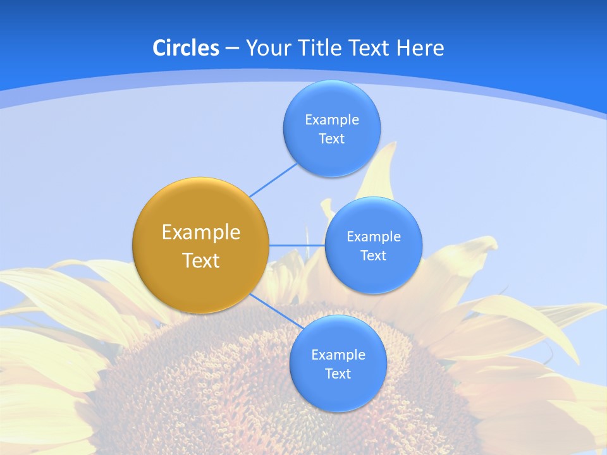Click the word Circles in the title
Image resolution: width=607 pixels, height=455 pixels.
pos(185,48)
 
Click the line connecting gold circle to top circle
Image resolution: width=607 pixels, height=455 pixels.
pos(273,179)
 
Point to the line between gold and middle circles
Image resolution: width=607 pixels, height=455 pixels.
pos(297,245)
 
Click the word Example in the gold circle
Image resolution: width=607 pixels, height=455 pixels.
pos(200,233)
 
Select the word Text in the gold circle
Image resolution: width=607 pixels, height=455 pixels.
pos(200,260)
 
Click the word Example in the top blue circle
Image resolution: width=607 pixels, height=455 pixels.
pos(332,119)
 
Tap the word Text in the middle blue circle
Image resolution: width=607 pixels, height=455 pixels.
pos(373,255)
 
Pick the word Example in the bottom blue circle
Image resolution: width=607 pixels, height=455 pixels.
pos(338,355)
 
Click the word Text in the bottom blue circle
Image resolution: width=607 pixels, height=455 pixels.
pos(338,373)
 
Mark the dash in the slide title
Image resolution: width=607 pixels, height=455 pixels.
pos(231,49)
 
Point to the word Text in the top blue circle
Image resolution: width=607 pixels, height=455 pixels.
pos(332,138)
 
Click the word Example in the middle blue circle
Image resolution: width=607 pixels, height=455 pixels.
pos(373,236)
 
